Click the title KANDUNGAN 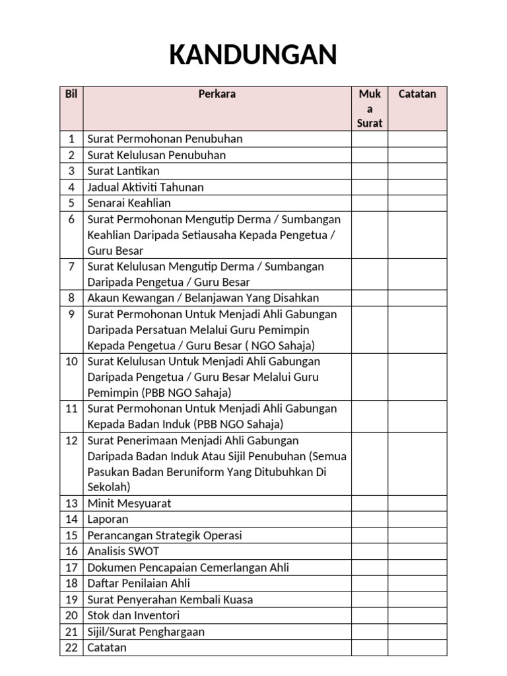click(253, 55)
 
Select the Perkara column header click(217, 94)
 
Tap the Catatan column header click(417, 94)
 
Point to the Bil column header click(71, 94)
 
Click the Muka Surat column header click(370, 108)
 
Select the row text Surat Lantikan click(123, 171)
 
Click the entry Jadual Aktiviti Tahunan click(145, 187)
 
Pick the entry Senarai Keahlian click(129, 203)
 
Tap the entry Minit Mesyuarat click(129, 503)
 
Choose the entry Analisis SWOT click(123, 551)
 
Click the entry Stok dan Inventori click(133, 615)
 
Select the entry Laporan click(108, 520)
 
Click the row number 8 click(71, 298)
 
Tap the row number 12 click(71, 440)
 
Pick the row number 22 click(71, 648)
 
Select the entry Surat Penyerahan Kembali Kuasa click(170, 599)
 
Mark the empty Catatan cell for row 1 click(417, 139)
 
